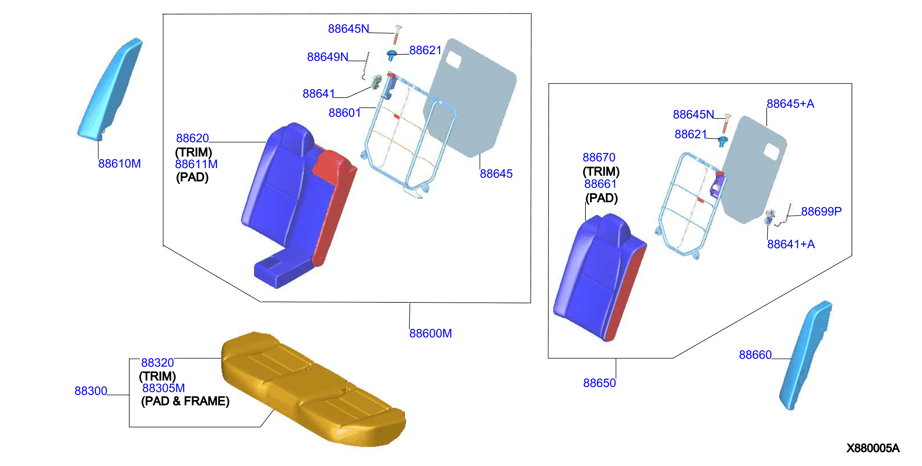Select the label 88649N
coord(327,57)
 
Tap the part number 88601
coord(345,113)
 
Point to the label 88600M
coord(431,333)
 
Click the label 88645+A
coord(790,104)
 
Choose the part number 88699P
coord(821,211)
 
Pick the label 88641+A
coord(791,244)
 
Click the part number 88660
coord(755,355)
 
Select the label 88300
coord(91,391)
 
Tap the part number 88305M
coord(164,388)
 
